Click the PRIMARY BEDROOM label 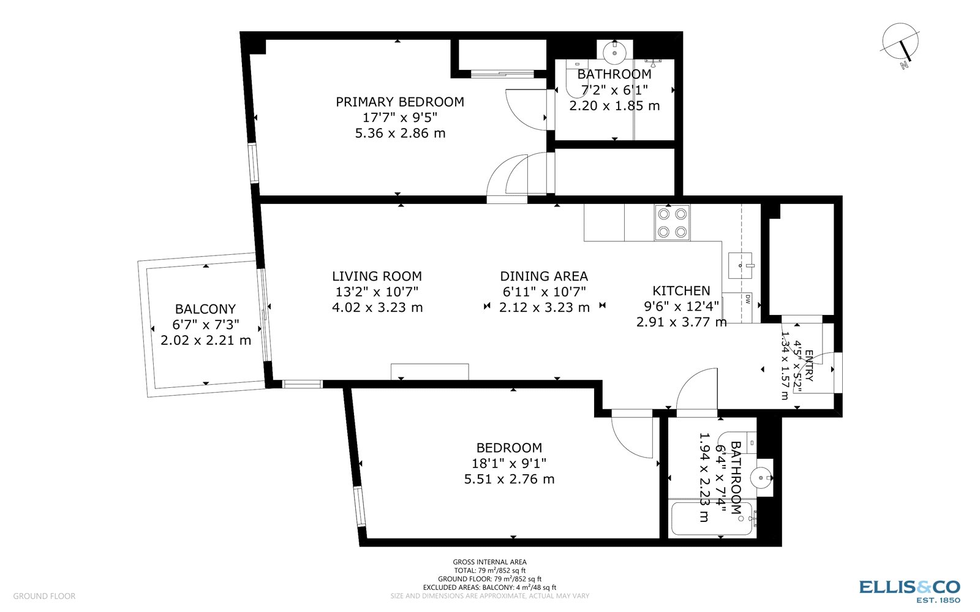click(x=399, y=102)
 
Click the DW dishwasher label click(x=748, y=300)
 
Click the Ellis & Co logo click(x=910, y=590)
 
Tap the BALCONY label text click(x=205, y=309)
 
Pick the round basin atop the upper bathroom click(x=613, y=53)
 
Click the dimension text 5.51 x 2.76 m click(x=509, y=479)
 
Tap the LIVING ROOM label click(x=377, y=276)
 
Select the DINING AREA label click(x=544, y=276)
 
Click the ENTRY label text click(x=809, y=366)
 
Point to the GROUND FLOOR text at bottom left click(x=44, y=596)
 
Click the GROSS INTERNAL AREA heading click(x=489, y=562)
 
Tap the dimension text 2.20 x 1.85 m click(x=614, y=105)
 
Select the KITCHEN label click(x=681, y=290)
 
